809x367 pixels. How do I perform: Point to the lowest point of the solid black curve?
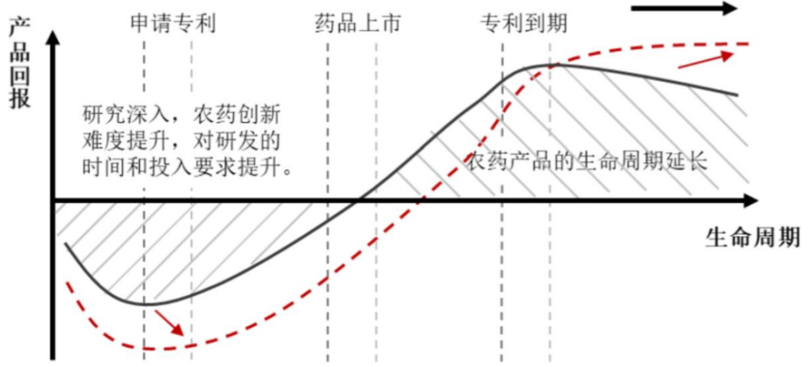[154, 304]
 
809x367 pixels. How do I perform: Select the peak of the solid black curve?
[546, 65]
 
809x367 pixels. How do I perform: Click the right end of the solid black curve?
[738, 95]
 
